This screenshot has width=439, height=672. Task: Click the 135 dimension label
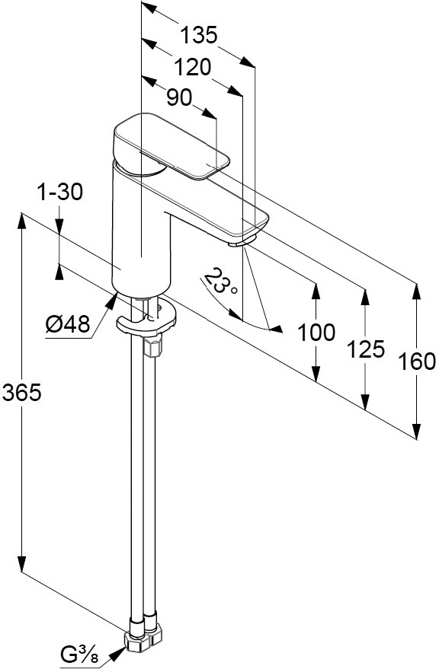point(199,35)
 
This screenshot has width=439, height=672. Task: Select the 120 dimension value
point(193,67)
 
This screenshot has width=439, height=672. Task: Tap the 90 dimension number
point(179,97)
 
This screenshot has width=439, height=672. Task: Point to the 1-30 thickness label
point(60,192)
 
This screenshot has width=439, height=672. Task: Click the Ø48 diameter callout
point(68,323)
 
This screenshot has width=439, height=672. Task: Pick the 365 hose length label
point(21,392)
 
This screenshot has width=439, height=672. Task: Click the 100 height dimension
point(316,333)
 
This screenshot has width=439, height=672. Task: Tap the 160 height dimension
point(416,361)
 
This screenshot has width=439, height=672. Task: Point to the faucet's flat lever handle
point(171,145)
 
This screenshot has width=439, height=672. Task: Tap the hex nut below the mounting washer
point(154,345)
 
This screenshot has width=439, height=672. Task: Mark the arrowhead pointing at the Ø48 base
point(111,300)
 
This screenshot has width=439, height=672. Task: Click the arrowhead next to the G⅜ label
point(117,653)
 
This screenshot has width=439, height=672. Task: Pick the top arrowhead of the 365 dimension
point(21,222)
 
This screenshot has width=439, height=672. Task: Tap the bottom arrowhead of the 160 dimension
point(416,430)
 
